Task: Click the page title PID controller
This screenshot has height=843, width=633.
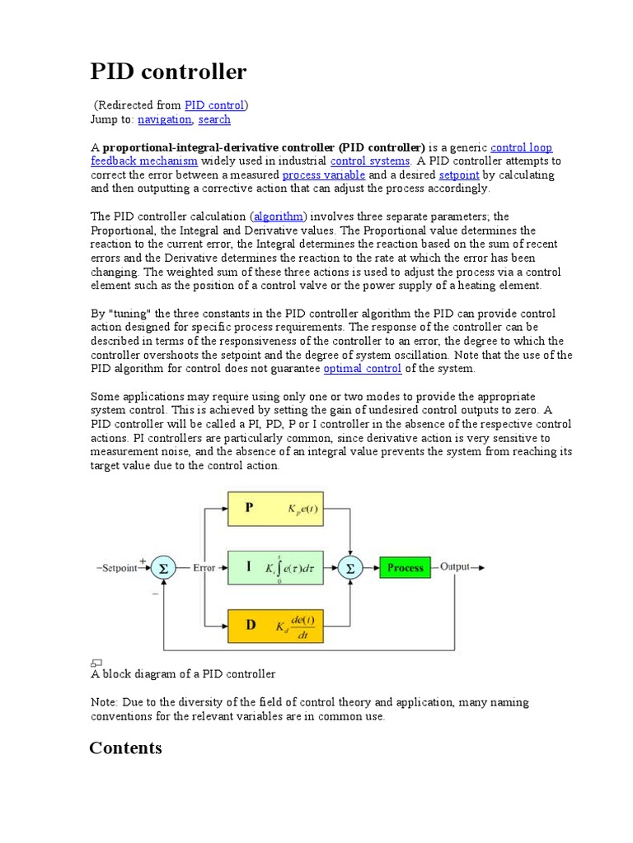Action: tap(168, 72)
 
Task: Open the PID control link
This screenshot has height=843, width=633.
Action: tap(214, 105)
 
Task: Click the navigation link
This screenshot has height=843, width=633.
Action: tap(164, 119)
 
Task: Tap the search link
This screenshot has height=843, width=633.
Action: tap(214, 119)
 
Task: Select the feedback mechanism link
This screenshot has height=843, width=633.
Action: tap(143, 161)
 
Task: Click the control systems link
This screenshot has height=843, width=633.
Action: tap(370, 161)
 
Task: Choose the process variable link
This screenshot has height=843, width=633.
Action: tap(323, 175)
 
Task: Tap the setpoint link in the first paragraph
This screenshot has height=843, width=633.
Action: tap(459, 175)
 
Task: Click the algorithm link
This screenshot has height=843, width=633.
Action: tap(279, 217)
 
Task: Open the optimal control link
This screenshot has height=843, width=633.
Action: tap(363, 369)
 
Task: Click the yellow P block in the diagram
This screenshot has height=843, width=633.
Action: tap(276, 509)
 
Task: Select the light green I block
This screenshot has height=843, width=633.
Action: tap(276, 567)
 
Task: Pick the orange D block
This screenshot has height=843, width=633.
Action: tap(276, 625)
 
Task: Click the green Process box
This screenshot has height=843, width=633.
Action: tap(405, 567)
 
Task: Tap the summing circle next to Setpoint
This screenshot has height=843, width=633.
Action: tap(163, 567)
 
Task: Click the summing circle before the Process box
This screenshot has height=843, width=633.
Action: tap(350, 567)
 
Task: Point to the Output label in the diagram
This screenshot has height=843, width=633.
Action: tap(456, 566)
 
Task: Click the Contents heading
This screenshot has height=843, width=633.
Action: tap(125, 748)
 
